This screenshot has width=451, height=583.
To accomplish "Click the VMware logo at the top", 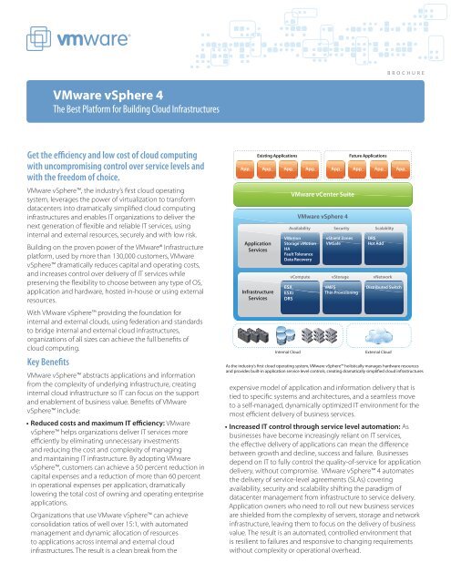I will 62,43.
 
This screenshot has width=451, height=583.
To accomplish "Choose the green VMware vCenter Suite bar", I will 327,169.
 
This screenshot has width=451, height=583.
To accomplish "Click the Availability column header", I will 300,228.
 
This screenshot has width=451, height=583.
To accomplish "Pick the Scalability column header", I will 383,228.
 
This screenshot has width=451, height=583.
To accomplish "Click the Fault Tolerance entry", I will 298,254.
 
